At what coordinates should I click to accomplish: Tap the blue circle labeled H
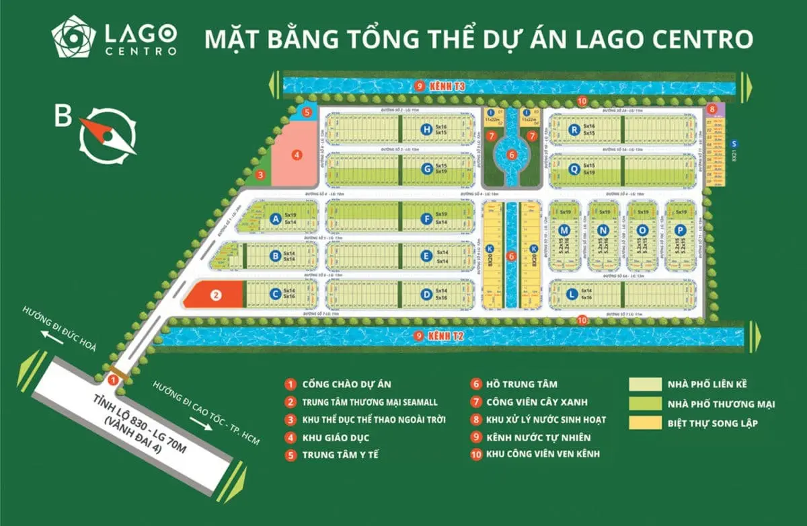[426, 129]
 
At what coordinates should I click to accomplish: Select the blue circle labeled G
[426, 169]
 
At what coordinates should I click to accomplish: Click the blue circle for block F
[426, 218]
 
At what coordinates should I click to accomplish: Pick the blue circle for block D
[426, 293]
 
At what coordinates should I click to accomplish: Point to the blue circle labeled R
[574, 130]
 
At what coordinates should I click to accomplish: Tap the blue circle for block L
[571, 293]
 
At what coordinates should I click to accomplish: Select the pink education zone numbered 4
[296, 155]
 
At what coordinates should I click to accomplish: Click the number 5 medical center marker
[307, 112]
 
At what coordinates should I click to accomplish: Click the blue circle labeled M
[564, 231]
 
